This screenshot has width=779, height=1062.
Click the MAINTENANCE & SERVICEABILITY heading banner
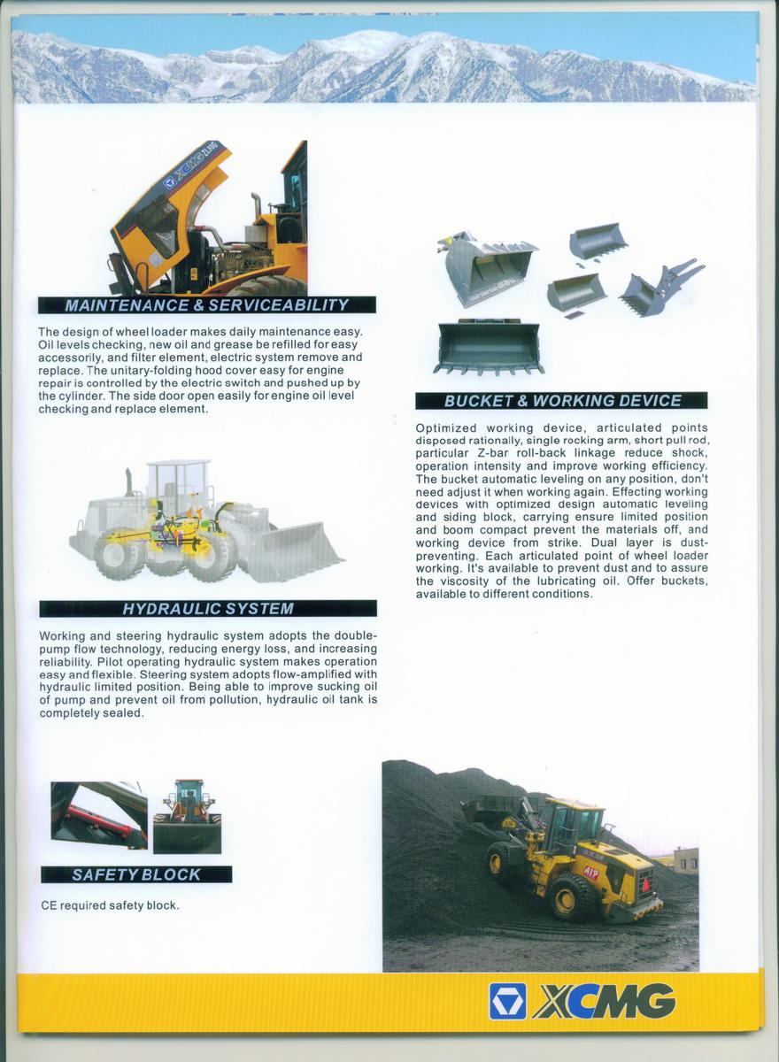pyautogui.click(x=207, y=305)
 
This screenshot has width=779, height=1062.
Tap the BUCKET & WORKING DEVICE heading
pyautogui.click(x=562, y=401)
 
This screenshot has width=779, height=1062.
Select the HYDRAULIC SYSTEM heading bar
pyautogui.click(x=208, y=609)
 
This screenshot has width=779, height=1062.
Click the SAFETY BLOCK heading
pyautogui.click(x=136, y=874)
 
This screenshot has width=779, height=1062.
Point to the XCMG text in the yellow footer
pyautogui.click(x=605, y=1001)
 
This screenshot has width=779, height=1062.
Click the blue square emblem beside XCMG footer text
pyautogui.click(x=507, y=1001)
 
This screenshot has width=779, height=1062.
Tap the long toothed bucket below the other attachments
pyautogui.click(x=488, y=346)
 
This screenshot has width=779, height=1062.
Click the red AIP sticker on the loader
pyautogui.click(x=590, y=873)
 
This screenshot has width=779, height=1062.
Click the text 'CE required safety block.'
pyautogui.click(x=110, y=905)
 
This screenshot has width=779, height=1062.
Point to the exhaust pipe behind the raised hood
pyautogui.click(x=257, y=205)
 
